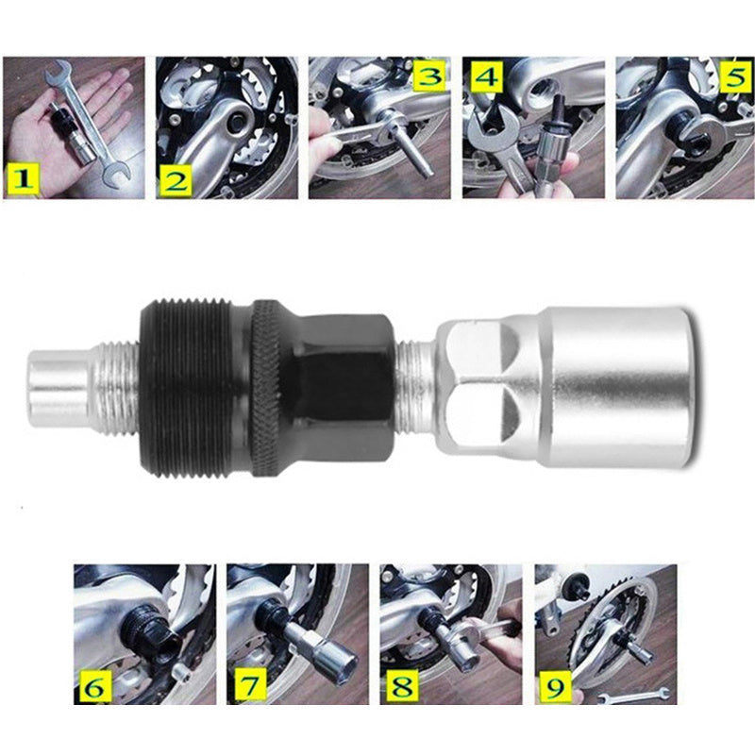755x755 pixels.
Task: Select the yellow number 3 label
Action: pos(428,76)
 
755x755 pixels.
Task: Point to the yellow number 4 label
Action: pos(487,78)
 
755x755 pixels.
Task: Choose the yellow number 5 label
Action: pos(734,76)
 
